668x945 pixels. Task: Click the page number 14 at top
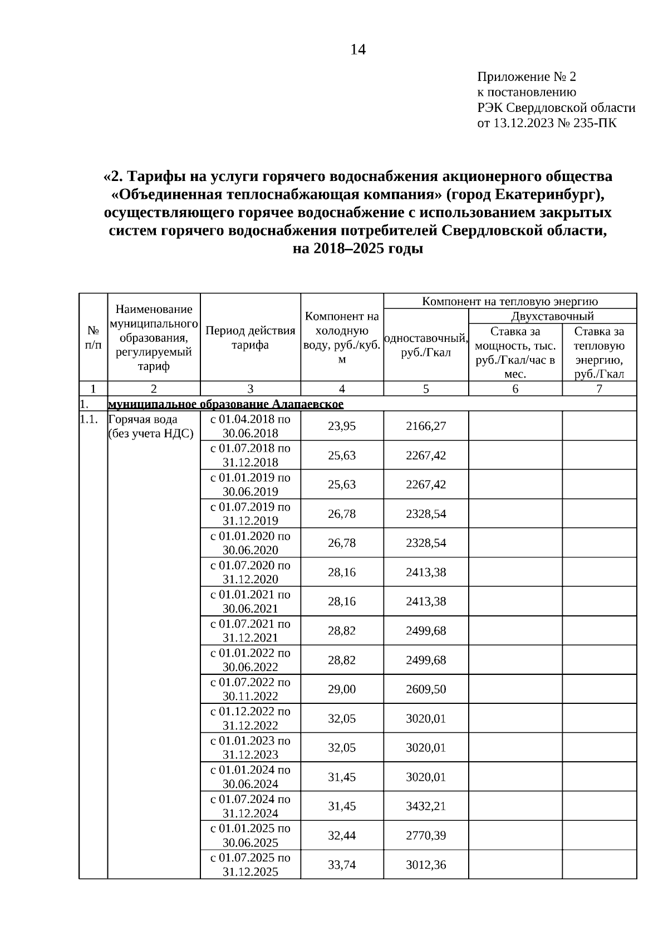pyautogui.click(x=358, y=50)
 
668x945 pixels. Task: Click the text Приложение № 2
pyautogui.click(x=527, y=76)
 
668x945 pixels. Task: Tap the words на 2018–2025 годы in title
pyautogui.click(x=358, y=249)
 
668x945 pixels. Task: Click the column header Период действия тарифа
pyautogui.click(x=250, y=337)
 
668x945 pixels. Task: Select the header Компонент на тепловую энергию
pyautogui.click(x=510, y=301)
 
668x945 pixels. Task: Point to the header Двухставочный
pyautogui.click(x=552, y=316)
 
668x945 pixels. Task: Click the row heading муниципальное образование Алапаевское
pyautogui.click(x=225, y=404)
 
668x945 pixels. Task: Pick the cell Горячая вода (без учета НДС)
pyautogui.click(x=150, y=427)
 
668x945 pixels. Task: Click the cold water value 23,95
pyautogui.click(x=342, y=426)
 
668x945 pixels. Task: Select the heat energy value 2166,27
pyautogui.click(x=426, y=426)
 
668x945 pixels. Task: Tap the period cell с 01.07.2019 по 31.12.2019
pyautogui.click(x=250, y=513)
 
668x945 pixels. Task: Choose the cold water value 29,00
pyautogui.click(x=342, y=689)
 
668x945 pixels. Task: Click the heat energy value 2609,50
pyautogui.click(x=426, y=689)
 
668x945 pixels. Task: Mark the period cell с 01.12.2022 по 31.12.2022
pyautogui.click(x=250, y=718)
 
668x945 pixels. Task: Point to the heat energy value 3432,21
pyautogui.click(x=426, y=806)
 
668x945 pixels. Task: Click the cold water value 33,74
pyautogui.click(x=342, y=865)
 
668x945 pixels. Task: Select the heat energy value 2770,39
pyautogui.click(x=426, y=836)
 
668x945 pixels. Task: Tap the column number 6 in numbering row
pyautogui.click(x=515, y=389)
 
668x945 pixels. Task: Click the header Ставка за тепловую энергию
pyautogui.click(x=599, y=352)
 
